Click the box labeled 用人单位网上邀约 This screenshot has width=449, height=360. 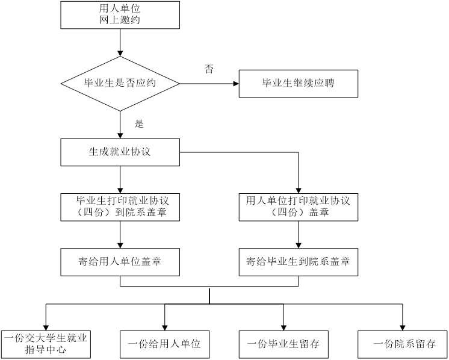[x=120, y=14]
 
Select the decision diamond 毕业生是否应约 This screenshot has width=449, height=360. [x=120, y=82]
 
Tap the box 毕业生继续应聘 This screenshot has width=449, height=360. [x=299, y=82]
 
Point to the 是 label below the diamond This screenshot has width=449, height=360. [x=139, y=124]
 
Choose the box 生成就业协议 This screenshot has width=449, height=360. [x=120, y=152]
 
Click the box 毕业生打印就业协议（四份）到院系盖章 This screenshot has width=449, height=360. [x=120, y=206]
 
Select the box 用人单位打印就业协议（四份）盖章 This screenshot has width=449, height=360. [x=299, y=206]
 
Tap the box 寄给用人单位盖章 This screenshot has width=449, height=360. [x=120, y=261]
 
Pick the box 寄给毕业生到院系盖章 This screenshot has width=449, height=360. [x=299, y=261]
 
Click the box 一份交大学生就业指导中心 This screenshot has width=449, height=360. [x=46, y=344]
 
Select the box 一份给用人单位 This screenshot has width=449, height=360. [x=164, y=344]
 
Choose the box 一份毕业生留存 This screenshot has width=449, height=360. [x=283, y=344]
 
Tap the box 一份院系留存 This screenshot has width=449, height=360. [x=402, y=344]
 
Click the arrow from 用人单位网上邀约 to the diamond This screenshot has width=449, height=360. [x=120, y=42]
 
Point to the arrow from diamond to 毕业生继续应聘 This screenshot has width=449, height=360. [x=208, y=82]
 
